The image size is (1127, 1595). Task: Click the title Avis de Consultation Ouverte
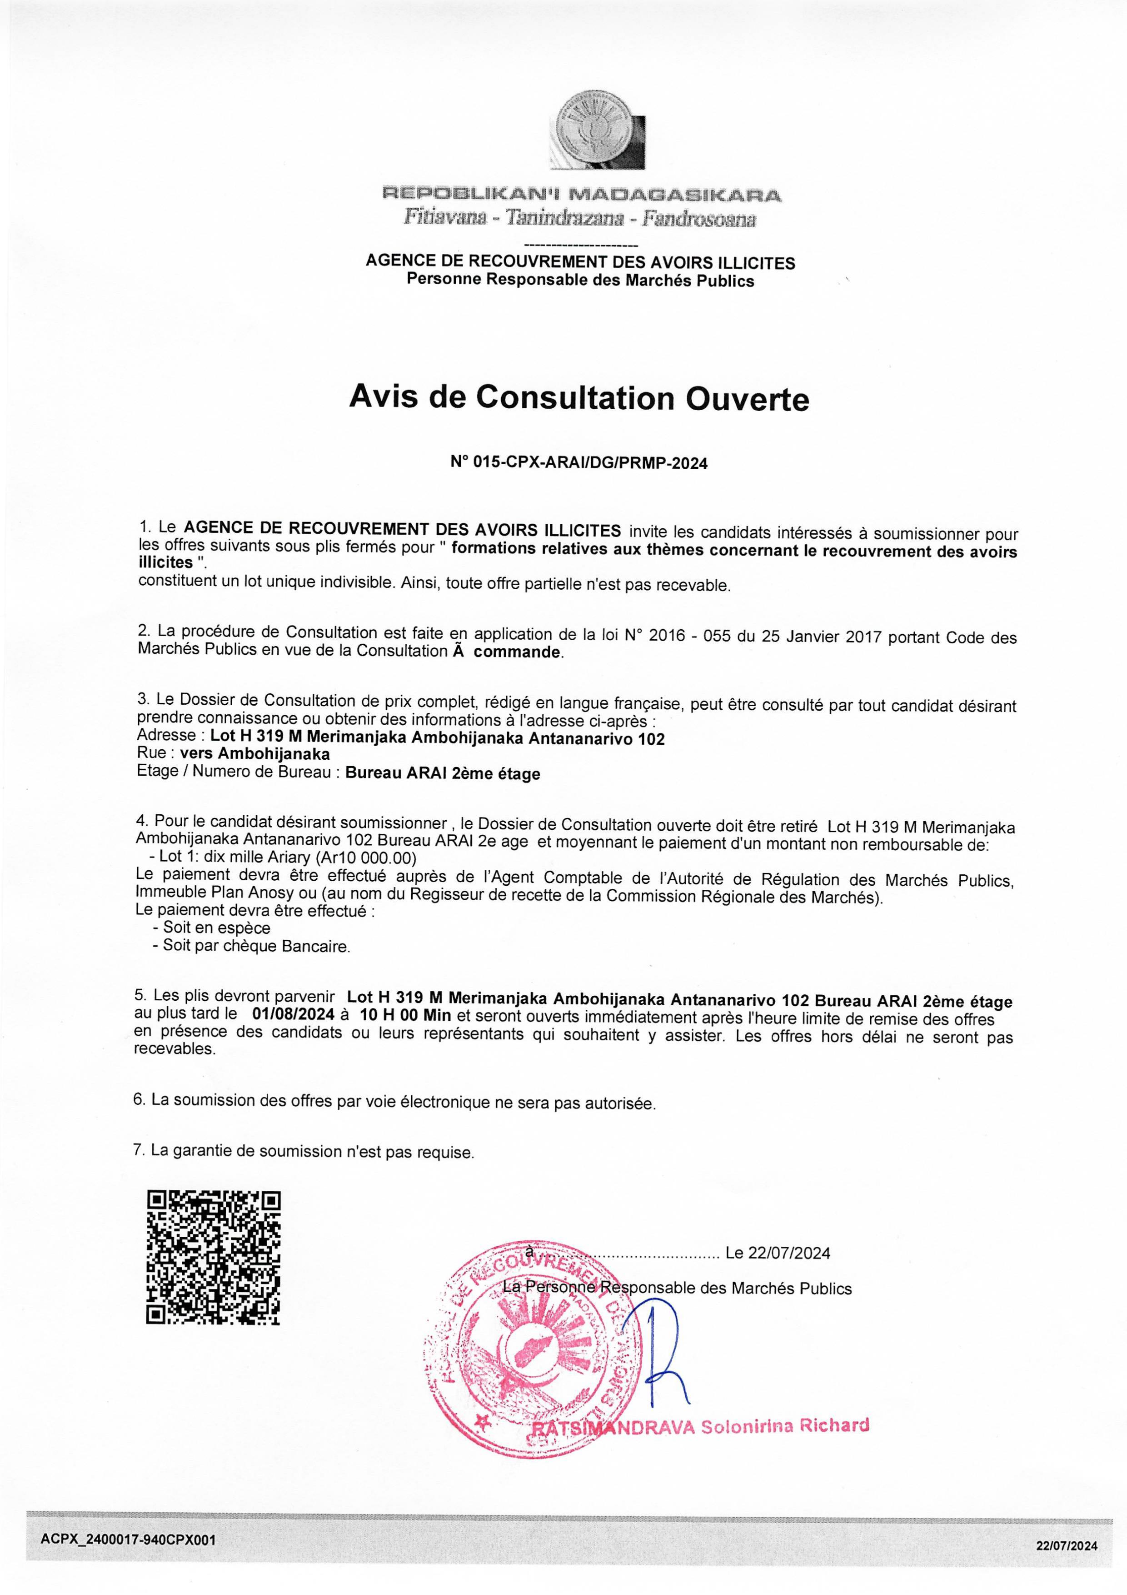(x=578, y=398)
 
